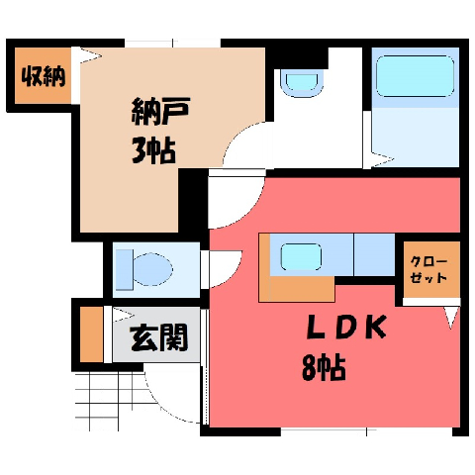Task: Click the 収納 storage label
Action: pos(44,77)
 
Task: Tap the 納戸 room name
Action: pos(160,111)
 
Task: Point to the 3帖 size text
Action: pos(153,151)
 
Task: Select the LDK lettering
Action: pos(346,327)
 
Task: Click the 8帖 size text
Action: pos(324,367)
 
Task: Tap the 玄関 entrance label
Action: pos(159,337)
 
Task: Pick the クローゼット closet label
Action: pos(428,270)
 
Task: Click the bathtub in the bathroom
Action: pos(415,76)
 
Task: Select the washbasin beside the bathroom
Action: pos(302,83)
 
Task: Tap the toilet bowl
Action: pos(152,269)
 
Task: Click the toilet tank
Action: pos(124,270)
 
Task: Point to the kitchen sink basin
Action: pos(301,256)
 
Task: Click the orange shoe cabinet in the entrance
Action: pos(91,334)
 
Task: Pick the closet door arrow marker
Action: pos(451,318)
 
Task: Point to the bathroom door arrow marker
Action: pos(383,160)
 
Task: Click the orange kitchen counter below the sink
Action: pos(297,289)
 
